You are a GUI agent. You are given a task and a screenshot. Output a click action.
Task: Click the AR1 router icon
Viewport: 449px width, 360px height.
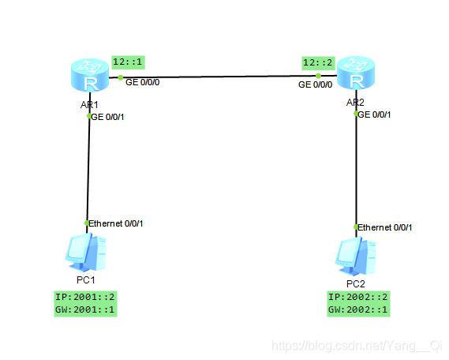90,75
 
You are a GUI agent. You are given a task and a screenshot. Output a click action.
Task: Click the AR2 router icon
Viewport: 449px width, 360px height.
356,73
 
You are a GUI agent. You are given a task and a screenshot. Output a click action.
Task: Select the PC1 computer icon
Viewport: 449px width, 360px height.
86,252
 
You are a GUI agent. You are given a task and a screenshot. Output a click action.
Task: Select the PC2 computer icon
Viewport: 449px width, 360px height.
355,256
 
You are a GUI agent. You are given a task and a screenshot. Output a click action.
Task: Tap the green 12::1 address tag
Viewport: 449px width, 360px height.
128,62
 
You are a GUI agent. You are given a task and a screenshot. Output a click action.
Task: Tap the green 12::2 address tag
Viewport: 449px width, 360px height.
318,63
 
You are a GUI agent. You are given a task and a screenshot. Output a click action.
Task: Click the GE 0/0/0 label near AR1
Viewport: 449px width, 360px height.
142,82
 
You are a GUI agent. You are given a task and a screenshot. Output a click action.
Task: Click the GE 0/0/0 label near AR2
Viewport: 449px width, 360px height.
316,84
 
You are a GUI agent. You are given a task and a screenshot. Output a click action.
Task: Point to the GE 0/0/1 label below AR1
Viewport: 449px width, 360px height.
107,117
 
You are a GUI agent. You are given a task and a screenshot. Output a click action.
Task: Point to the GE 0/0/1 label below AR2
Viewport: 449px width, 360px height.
374,114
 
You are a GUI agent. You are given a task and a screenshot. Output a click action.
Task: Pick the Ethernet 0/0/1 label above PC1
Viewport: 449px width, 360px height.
116,223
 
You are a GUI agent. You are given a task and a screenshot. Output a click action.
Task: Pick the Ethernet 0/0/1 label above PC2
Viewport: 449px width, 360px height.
385,227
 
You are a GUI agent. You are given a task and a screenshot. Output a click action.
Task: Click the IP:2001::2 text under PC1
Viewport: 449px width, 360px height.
85,297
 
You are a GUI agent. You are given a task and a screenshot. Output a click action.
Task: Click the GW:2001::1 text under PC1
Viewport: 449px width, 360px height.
85,309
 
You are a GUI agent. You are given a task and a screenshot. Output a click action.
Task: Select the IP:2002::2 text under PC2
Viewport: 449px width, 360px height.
358,297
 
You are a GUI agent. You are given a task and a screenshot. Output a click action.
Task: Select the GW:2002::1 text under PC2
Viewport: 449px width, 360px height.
358,309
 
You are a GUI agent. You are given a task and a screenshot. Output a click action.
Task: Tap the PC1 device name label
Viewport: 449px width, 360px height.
86,280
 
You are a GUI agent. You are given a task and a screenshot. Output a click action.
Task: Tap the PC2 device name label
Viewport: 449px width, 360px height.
356,284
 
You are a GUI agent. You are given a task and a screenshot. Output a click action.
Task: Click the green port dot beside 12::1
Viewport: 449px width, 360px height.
121,77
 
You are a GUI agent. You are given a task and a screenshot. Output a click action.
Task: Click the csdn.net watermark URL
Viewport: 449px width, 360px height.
357,346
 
